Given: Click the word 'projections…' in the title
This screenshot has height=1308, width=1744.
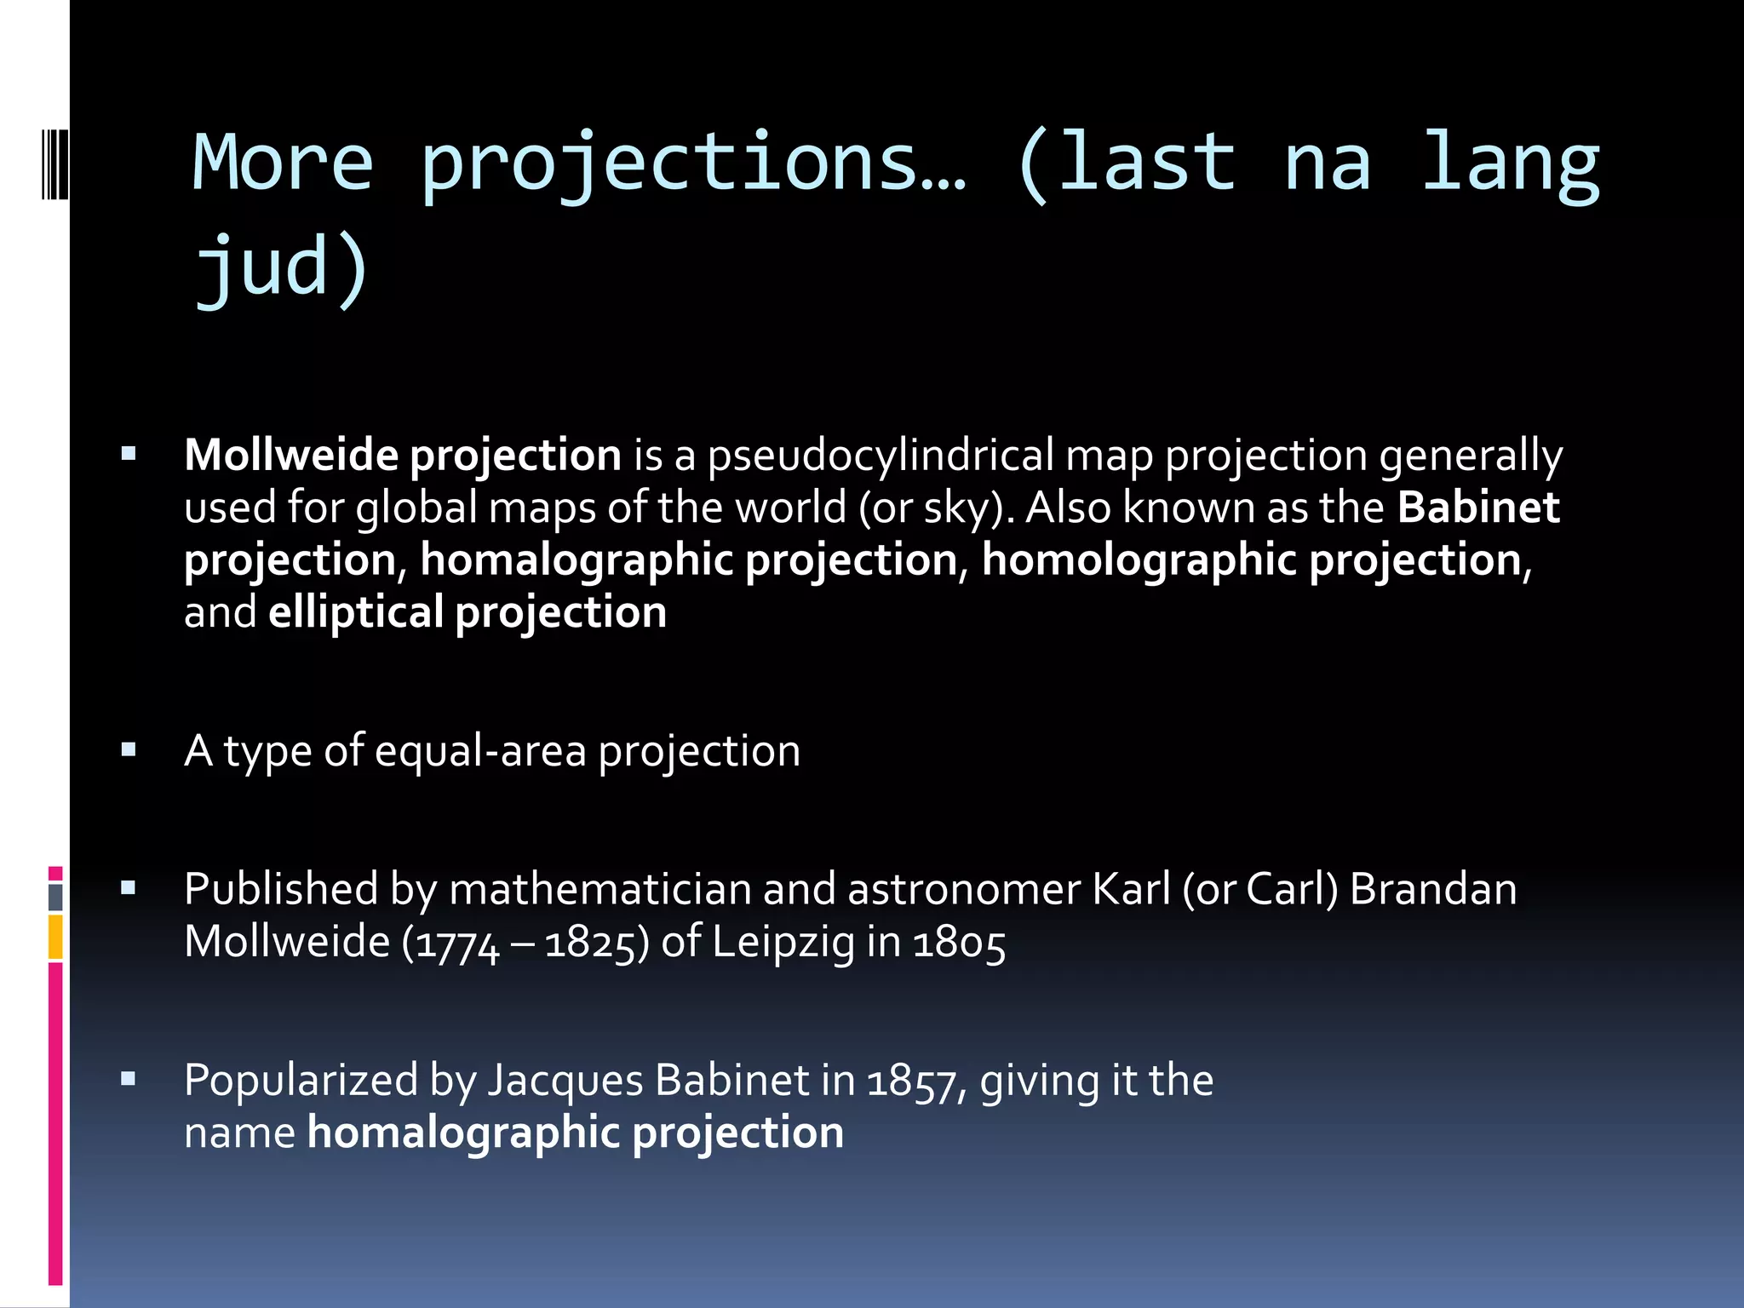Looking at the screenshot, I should pyautogui.click(x=694, y=163).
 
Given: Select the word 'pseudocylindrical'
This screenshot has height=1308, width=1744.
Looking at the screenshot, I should pyautogui.click(x=881, y=456).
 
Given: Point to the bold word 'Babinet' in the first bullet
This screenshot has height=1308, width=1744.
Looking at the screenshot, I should pyautogui.click(x=1478, y=508).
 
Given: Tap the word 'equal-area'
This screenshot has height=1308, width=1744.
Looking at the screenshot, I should pyautogui.click(x=480, y=751).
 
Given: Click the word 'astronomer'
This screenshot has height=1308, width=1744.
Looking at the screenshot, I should pyautogui.click(x=964, y=889).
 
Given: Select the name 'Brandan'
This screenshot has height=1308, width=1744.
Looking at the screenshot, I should pyautogui.click(x=1433, y=889).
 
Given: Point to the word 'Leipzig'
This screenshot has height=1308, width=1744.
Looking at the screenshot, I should pyautogui.click(x=783, y=943).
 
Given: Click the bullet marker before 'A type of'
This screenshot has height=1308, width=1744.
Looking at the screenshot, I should pyautogui.click(x=129, y=750).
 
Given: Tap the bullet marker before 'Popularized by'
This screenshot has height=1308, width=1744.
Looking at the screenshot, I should pyautogui.click(x=129, y=1080).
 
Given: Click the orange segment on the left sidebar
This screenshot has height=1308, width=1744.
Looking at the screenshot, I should pyautogui.click(x=55, y=937).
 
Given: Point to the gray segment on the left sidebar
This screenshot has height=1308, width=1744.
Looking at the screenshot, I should pyautogui.click(x=55, y=897).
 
